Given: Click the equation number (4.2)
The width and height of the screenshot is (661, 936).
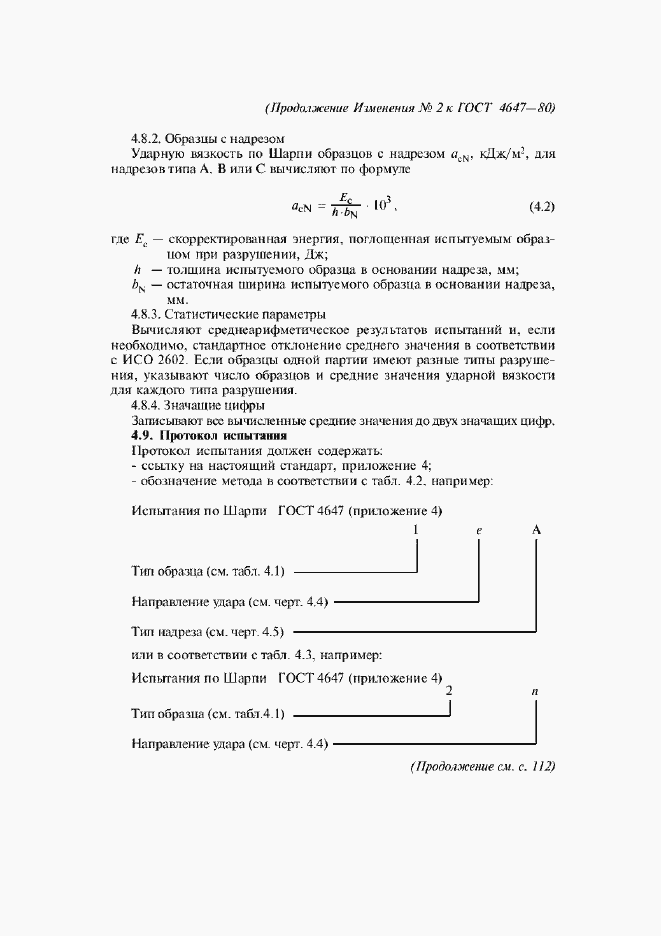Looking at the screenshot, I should (x=541, y=208).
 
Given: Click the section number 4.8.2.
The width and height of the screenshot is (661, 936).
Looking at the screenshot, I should (x=146, y=137).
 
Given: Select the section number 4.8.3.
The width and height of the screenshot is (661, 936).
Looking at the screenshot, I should (x=146, y=313).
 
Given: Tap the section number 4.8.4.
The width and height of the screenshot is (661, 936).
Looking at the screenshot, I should (x=146, y=406).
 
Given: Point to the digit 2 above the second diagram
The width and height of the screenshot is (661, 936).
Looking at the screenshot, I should (x=450, y=691).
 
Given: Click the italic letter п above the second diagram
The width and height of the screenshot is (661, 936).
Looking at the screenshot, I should (x=537, y=691).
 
